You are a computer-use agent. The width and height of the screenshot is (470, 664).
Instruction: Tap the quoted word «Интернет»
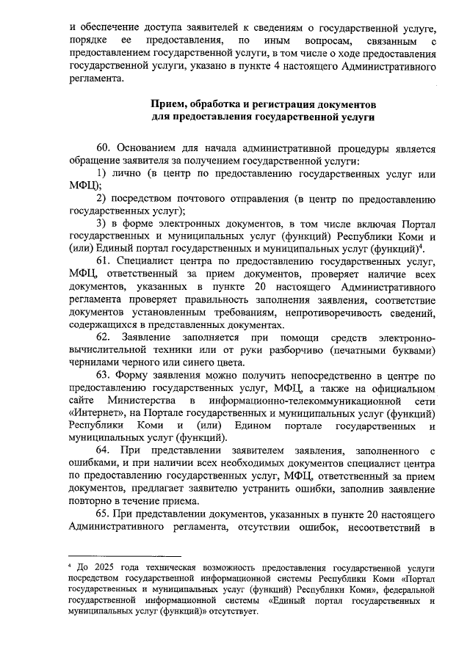98,412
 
